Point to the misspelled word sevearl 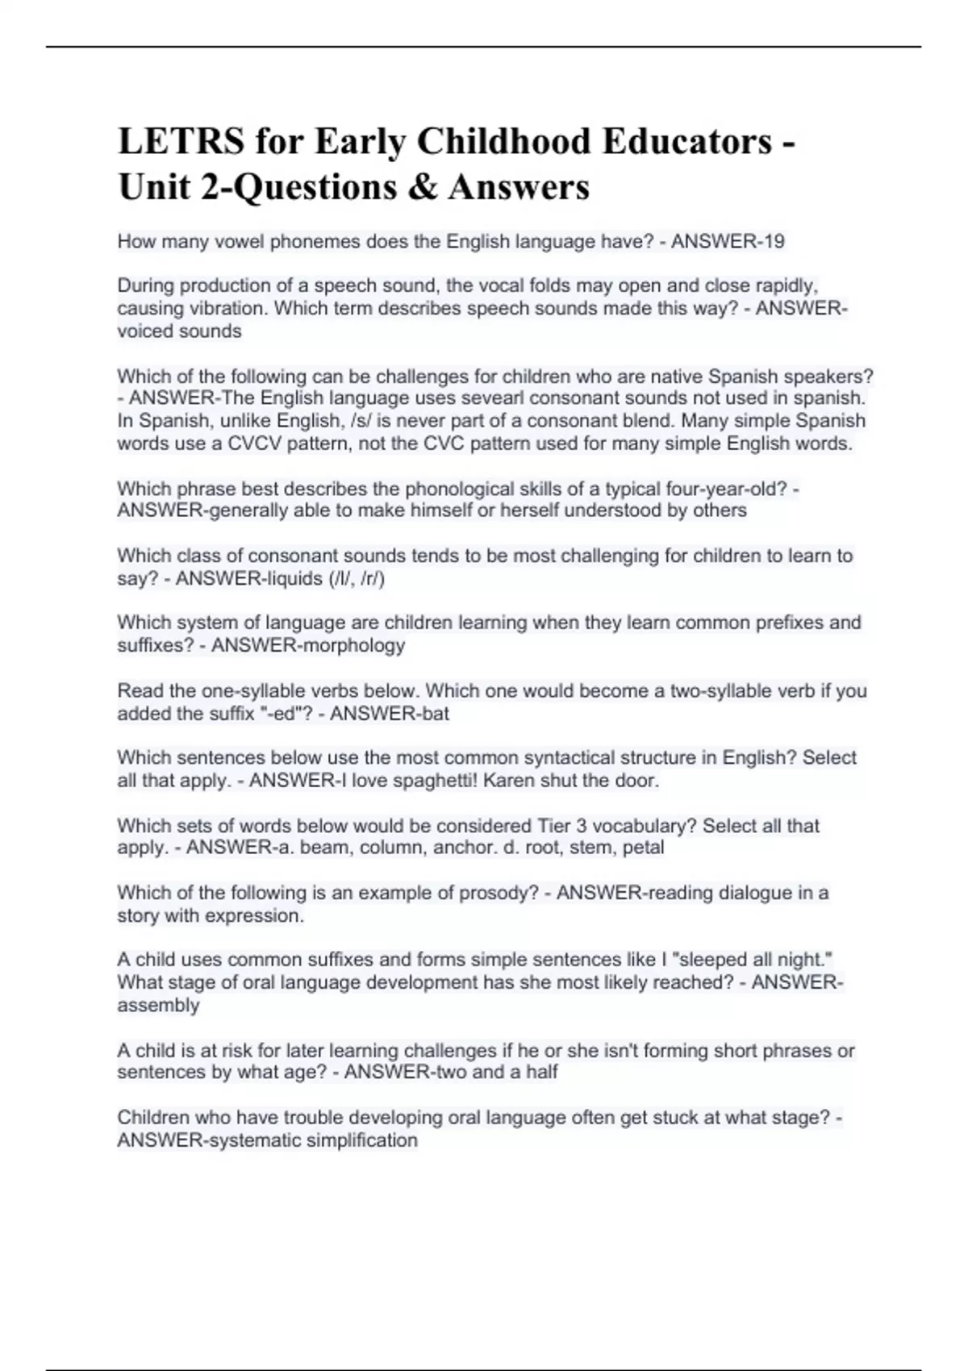pos(491,398)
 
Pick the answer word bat pos(436,714)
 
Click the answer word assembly pos(158,1005)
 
